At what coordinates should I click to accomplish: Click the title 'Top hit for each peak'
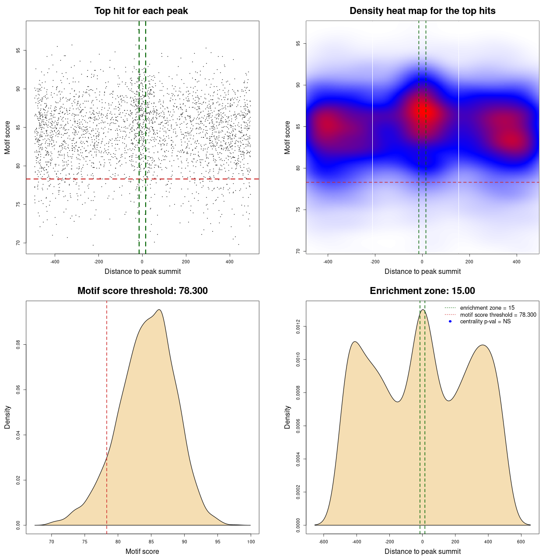coord(141,11)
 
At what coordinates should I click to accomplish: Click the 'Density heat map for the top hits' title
coord(422,11)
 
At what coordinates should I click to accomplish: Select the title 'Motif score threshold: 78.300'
coord(142,291)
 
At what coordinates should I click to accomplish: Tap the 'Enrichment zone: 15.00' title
coord(422,291)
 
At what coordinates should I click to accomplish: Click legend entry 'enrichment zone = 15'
coord(487,308)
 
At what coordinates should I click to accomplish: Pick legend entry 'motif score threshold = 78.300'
coord(498,315)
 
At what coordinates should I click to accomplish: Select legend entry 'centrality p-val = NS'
coord(485,322)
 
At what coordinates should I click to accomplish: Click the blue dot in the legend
coord(450,322)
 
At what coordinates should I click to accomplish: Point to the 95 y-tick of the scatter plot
coord(18,51)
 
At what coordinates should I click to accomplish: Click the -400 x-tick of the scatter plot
coord(55,262)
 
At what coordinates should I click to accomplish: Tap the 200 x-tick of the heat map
coord(469,262)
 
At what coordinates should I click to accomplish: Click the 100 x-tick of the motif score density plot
coord(251,542)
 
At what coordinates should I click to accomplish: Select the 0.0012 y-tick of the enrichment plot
coord(298,327)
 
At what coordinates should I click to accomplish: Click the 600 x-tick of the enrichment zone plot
coord(521,542)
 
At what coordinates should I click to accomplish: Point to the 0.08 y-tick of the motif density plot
coord(18,345)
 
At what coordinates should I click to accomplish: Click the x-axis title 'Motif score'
coord(142,551)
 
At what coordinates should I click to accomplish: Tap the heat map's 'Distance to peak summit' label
coord(422,271)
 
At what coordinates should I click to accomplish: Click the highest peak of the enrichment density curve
coord(423,310)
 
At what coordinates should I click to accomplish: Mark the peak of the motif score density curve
coord(159,310)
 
